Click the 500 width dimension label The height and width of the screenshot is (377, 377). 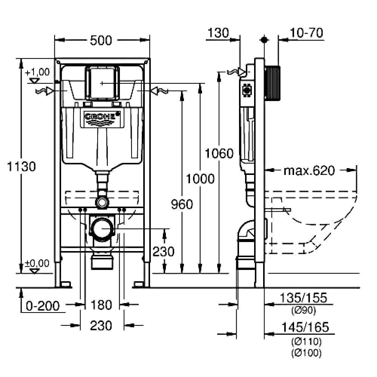point(101,40)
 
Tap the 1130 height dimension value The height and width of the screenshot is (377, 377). point(21,166)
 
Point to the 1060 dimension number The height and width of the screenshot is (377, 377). point(219,153)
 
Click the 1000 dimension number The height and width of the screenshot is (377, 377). point(200,179)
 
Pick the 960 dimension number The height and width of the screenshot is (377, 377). point(182,204)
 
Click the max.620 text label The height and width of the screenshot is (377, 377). point(309,171)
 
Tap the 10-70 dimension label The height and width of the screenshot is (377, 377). point(306,33)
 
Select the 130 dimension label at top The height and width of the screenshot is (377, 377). point(218,33)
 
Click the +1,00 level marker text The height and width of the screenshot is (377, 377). point(37,72)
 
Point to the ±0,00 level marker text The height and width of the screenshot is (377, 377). point(37,263)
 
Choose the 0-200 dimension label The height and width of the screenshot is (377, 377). point(43,306)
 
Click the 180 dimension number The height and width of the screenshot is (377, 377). point(101,305)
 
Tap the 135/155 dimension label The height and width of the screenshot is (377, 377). point(303,298)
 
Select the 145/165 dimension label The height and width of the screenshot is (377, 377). point(305,327)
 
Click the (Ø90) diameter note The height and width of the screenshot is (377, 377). point(303,311)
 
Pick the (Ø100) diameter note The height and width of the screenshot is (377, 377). point(306,353)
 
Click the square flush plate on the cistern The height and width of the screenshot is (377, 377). point(102,83)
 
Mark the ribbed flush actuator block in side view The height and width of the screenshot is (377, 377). point(273,83)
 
